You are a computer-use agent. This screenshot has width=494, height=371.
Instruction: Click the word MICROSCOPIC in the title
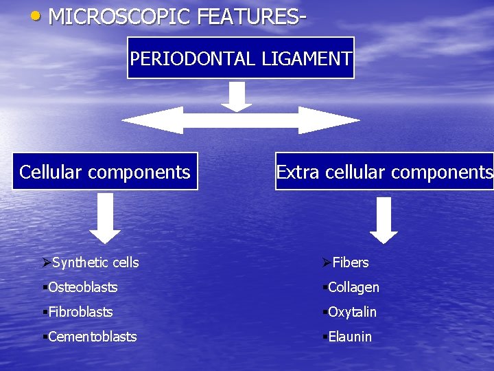pyautogui.click(x=119, y=16)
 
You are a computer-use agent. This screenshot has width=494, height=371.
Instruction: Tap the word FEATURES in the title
pyautogui.click(x=247, y=16)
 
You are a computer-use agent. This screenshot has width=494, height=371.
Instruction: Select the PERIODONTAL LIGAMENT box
pyautogui.click(x=241, y=58)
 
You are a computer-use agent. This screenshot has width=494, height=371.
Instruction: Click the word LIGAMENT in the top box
pyautogui.click(x=307, y=58)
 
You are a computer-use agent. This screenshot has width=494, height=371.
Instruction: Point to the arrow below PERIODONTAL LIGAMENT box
pyautogui.click(x=237, y=95)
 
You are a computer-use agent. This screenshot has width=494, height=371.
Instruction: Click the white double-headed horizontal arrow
pyautogui.click(x=241, y=120)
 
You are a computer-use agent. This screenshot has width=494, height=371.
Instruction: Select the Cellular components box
pyautogui.click(x=105, y=171)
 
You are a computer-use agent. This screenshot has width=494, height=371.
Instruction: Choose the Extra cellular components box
pyautogui.click(x=384, y=171)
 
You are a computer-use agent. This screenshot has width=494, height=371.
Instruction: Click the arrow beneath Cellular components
pyautogui.click(x=104, y=217)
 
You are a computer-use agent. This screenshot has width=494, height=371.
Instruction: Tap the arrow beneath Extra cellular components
pyautogui.click(x=384, y=219)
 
